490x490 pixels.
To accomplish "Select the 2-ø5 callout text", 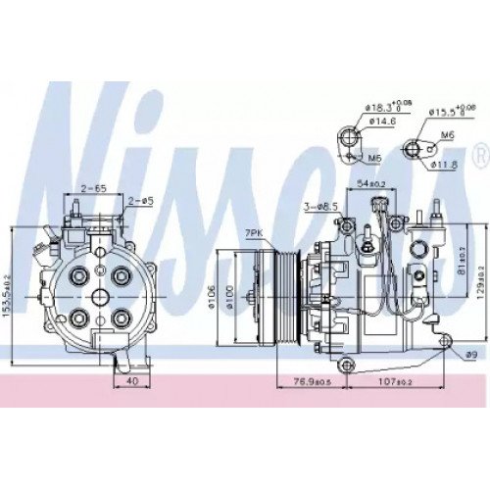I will pyautogui.click(x=141, y=202).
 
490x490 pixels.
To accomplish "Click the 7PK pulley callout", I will pyautogui.click(x=254, y=232).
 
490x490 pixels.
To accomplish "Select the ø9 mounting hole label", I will pyautogui.click(x=470, y=353).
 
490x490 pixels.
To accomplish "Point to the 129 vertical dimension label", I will pyautogui.click(x=479, y=284).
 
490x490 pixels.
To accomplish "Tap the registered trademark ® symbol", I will pyautogui.click(x=478, y=155).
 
